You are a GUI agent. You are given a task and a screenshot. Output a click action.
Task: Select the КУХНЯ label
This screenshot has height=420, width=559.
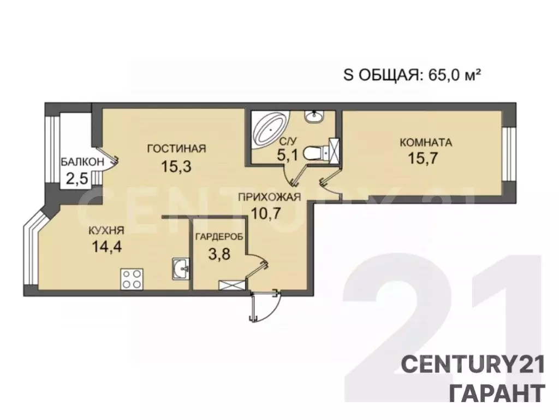pyautogui.click(x=105, y=231)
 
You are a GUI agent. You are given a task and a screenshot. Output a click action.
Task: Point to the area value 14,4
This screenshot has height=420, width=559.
pyautogui.click(x=106, y=246)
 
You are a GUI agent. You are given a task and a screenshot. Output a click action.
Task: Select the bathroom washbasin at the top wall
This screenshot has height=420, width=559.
pyautogui.click(x=314, y=116)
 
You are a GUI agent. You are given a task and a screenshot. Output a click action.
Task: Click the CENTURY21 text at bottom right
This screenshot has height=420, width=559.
pyautogui.click(x=473, y=363)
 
